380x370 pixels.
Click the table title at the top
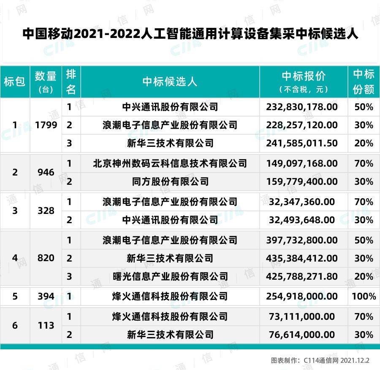tap(190, 34)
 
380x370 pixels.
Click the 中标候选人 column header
tap(170, 81)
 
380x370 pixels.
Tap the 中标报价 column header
tap(304, 76)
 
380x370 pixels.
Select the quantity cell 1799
tap(46, 125)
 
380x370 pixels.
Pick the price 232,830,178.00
tap(302, 107)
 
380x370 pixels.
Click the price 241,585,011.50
tap(302, 143)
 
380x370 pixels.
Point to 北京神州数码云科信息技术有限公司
tap(170, 163)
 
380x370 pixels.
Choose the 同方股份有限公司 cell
tap(170, 182)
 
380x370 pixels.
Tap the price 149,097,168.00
tap(302, 163)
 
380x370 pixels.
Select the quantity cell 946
tap(46, 172)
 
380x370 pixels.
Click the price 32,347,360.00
tap(302, 202)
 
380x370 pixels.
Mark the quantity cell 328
tap(46, 211)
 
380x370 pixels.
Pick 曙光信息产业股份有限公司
tap(170, 276)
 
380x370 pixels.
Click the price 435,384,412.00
tap(302, 258)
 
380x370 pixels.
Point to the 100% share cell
tap(364, 296)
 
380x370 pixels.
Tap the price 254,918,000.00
tap(302, 296)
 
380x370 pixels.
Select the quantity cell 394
tap(46, 296)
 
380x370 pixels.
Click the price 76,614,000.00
tap(302, 335)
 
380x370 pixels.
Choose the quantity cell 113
tap(46, 325)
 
